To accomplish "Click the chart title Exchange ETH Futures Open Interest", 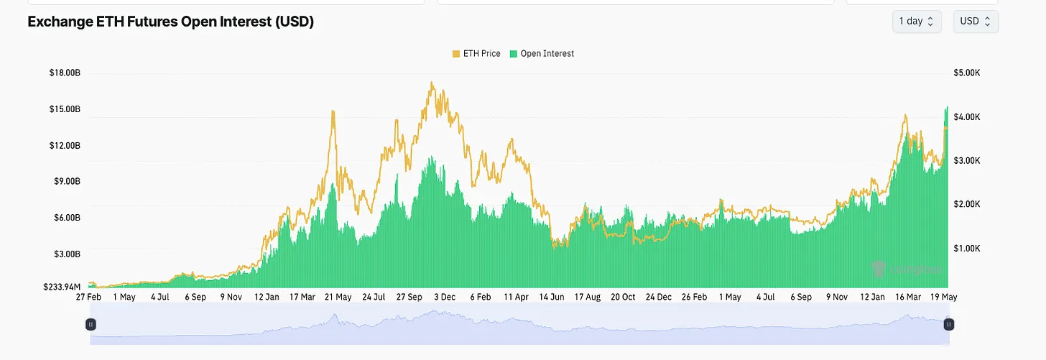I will [170, 22].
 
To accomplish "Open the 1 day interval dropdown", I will [916, 22].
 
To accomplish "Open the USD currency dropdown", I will [975, 22].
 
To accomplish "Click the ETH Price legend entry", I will [476, 54].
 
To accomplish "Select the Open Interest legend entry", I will [542, 54].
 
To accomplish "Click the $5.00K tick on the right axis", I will [966, 73].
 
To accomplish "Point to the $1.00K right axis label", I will [966, 249].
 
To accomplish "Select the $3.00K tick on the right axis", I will [966, 161].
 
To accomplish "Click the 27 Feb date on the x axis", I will [88, 297].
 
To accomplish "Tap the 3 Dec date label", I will [444, 297].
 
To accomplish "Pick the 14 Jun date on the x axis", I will [551, 297].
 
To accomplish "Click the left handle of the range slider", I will [91, 325].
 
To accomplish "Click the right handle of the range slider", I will [949, 325].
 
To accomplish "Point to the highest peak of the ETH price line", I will [432, 83].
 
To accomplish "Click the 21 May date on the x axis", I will [337, 297].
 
